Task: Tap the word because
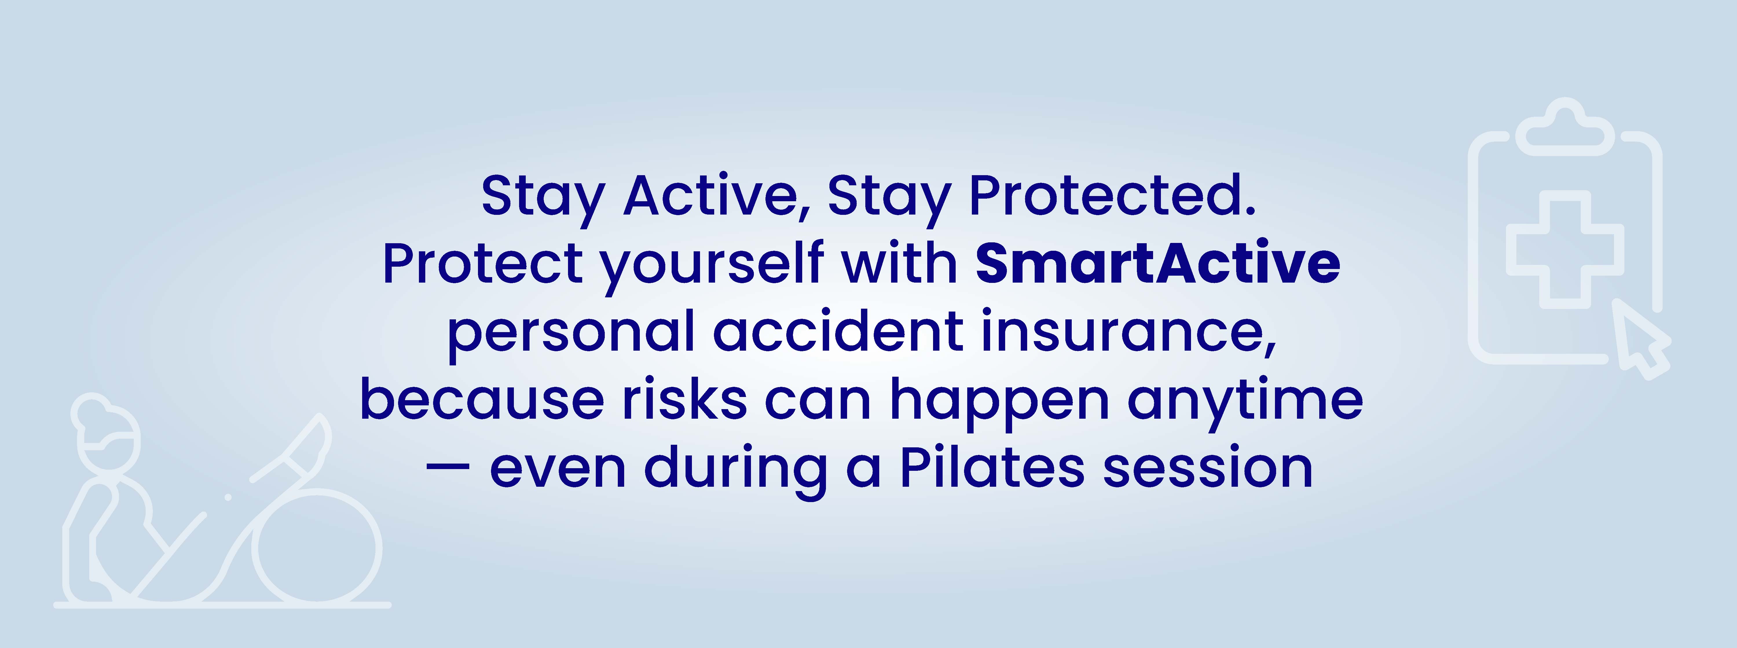pos(482,399)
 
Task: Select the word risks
pos(684,399)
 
